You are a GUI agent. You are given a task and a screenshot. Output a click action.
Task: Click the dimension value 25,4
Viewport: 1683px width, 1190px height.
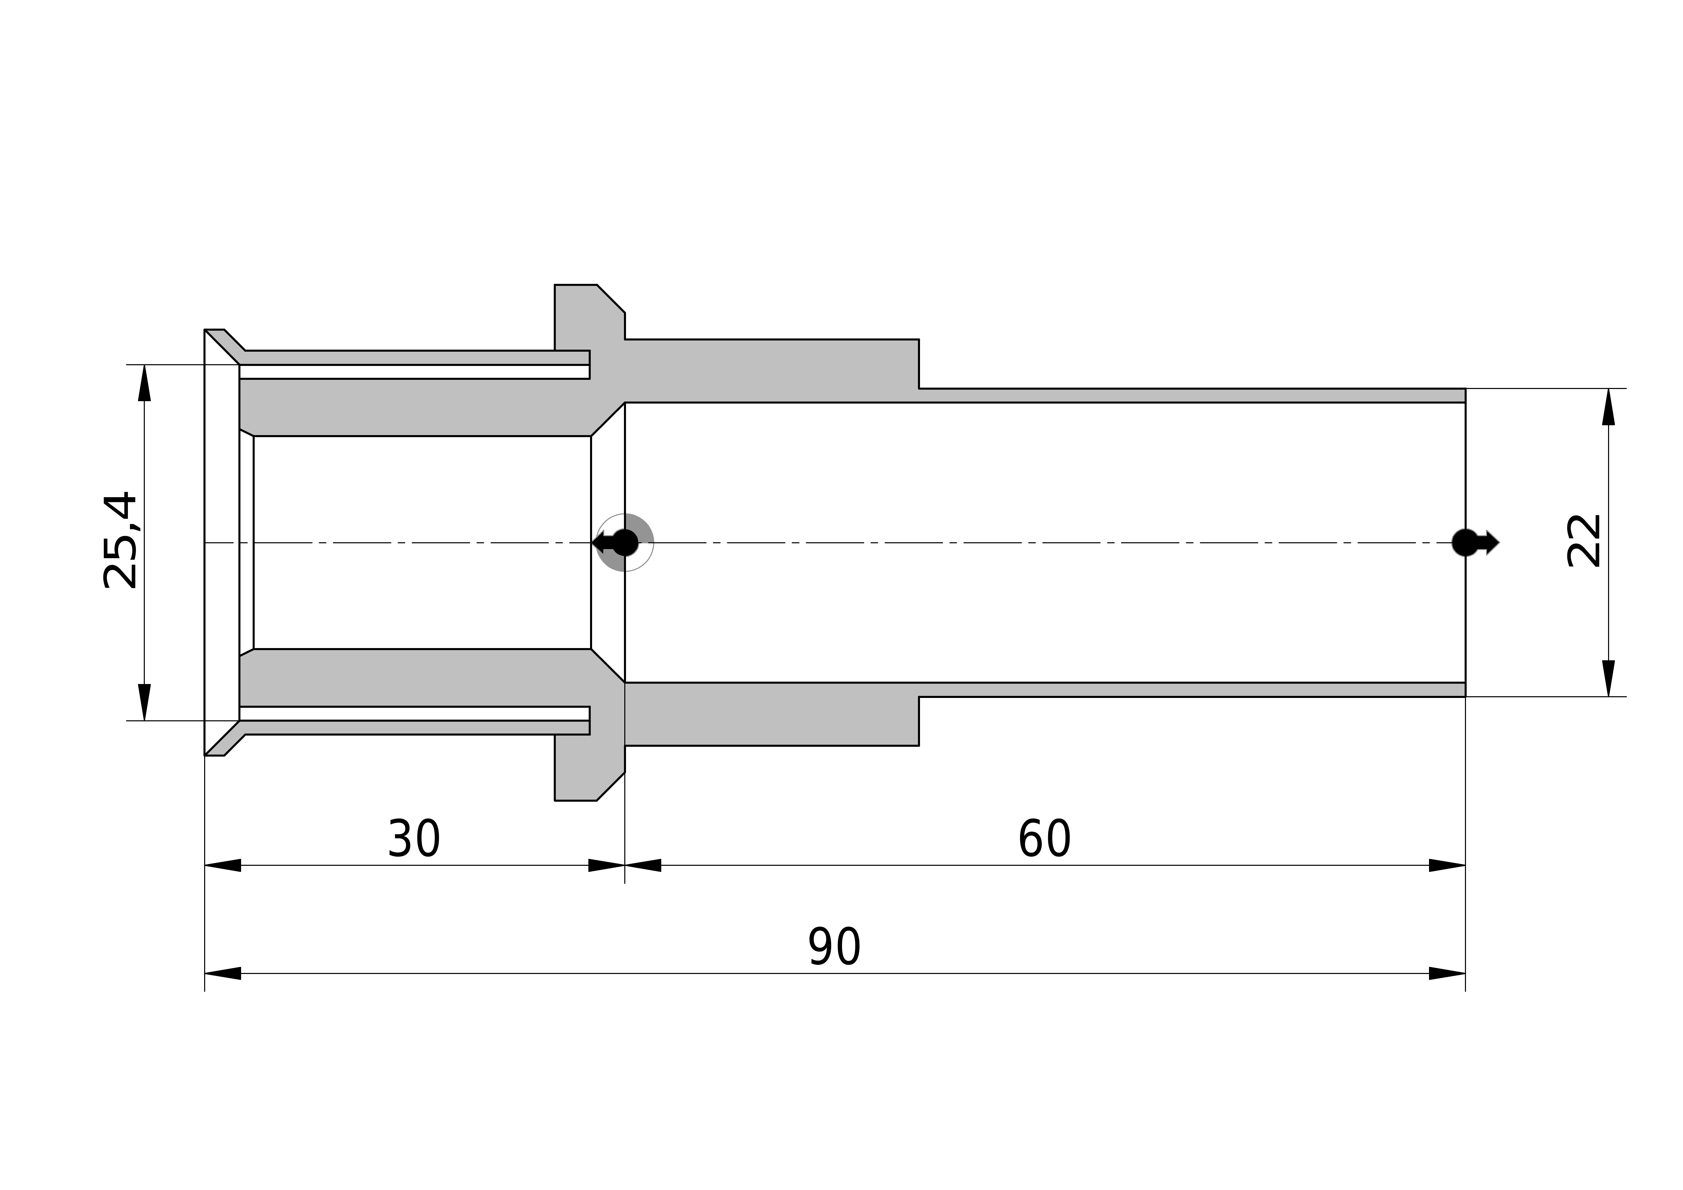120,540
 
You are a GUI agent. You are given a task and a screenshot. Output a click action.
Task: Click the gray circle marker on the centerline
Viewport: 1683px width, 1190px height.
625,543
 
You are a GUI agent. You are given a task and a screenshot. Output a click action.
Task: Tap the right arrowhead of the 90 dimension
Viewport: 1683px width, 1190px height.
1447,974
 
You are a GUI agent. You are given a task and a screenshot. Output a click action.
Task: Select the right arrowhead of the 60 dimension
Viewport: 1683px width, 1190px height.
1447,865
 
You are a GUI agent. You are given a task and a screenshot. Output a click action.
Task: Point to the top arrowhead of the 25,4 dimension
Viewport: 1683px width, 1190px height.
144,383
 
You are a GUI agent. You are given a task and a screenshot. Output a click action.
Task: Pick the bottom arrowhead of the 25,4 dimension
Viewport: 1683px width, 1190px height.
144,702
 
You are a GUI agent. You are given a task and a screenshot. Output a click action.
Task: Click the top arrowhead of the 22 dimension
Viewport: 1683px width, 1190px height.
1608,407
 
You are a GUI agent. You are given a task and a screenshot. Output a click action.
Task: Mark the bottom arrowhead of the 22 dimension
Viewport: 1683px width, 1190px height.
1608,678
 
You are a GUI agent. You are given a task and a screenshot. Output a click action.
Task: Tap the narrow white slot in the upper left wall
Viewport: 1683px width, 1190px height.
414,372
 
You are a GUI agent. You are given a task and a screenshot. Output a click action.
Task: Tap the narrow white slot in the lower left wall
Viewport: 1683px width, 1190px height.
414,714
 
